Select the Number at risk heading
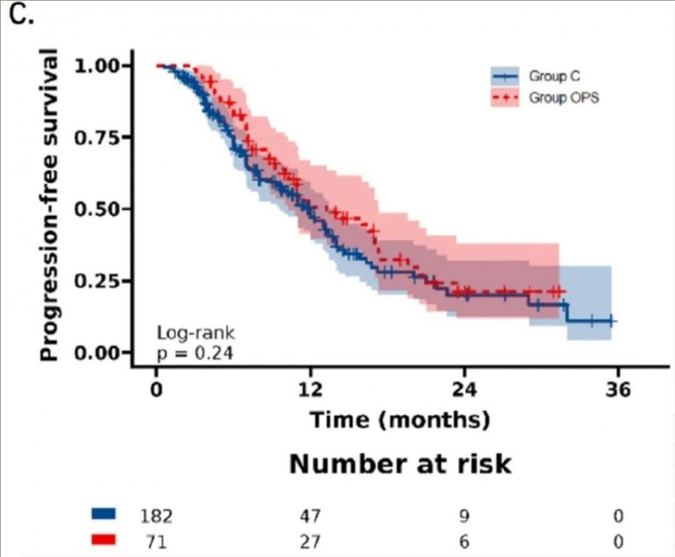401,465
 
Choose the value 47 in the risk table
310,515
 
